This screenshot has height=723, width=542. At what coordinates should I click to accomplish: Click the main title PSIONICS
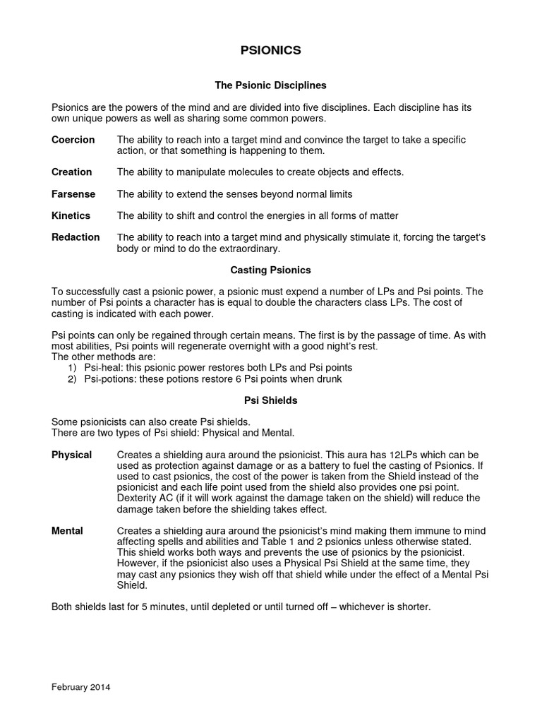[271, 50]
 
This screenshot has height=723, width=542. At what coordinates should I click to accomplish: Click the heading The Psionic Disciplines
[271, 85]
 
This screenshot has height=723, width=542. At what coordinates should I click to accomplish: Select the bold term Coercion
[73, 140]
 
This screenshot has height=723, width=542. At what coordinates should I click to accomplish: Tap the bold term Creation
[71, 172]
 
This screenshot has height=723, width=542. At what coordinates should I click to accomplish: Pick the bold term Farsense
[73, 194]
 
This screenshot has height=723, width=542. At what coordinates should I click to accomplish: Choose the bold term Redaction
[76, 237]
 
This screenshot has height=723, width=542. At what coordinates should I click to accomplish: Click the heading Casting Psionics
[271, 270]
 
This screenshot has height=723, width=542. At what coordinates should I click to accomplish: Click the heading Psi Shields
[271, 400]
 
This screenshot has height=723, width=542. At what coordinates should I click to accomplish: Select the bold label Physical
[71, 455]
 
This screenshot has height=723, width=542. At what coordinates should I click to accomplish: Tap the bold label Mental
[67, 531]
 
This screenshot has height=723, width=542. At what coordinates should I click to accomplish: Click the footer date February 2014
[81, 686]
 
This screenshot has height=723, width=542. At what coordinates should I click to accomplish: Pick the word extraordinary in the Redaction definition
[250, 249]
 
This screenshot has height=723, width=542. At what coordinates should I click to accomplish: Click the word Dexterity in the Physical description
[138, 498]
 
